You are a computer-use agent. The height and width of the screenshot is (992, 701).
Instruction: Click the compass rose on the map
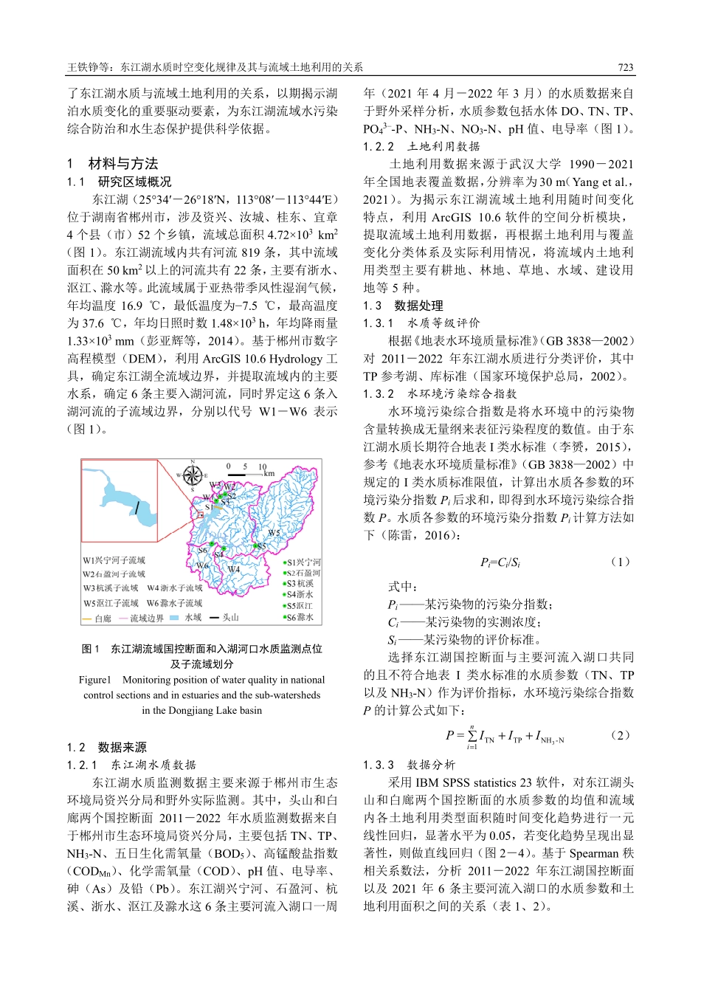click(x=193, y=475)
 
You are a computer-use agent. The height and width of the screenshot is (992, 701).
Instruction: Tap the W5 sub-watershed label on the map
click(x=274, y=533)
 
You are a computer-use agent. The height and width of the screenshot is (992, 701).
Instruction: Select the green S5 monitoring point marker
click(x=255, y=545)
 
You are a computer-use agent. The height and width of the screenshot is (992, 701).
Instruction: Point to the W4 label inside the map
click(x=234, y=569)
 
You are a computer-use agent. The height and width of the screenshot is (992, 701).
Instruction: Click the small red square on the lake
click(x=200, y=514)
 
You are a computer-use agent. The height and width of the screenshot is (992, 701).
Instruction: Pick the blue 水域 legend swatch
click(x=174, y=617)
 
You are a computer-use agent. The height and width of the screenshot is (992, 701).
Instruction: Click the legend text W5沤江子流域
click(x=111, y=603)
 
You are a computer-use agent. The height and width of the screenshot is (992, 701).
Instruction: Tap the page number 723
click(x=625, y=67)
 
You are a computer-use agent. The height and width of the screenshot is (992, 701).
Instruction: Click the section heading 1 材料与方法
click(x=112, y=164)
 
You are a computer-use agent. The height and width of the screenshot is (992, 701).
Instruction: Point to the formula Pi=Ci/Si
click(x=500, y=562)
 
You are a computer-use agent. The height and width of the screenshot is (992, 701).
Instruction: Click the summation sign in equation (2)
click(x=472, y=736)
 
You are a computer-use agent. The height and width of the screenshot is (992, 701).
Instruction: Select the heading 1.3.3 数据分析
click(x=410, y=765)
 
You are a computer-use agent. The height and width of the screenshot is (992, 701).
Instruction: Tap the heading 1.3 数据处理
click(x=404, y=306)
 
